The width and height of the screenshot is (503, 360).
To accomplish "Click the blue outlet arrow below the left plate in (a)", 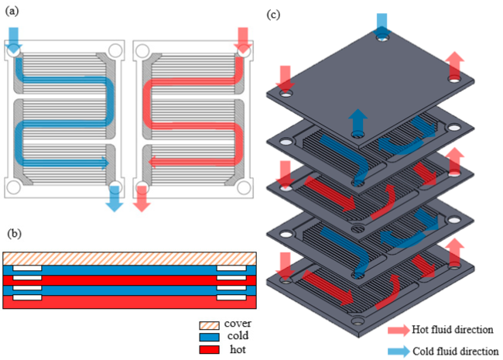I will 115,200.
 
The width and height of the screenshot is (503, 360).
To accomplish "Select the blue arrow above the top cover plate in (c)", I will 382,23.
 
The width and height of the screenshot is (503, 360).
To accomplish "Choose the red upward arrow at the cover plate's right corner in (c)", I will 456,66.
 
